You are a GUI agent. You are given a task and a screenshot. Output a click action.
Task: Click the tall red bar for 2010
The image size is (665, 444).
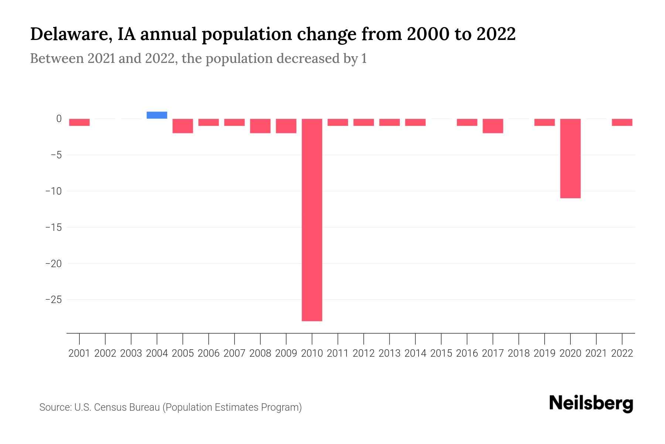[312, 220]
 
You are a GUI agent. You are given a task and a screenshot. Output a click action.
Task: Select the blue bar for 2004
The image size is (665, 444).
[157, 115]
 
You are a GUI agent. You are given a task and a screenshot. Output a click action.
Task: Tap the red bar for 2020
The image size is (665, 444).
[570, 158]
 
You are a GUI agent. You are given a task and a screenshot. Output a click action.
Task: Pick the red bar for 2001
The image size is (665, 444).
[79, 122]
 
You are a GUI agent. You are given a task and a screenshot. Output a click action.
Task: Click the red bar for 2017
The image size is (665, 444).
[493, 126]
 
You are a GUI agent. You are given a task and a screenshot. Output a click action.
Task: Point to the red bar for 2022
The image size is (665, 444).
[622, 122]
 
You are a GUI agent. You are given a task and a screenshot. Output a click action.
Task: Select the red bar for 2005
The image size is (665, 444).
[183, 126]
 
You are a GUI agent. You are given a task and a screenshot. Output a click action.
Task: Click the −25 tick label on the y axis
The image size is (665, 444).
[53, 299]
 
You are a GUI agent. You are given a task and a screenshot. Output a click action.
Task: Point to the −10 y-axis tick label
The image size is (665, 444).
[53, 191]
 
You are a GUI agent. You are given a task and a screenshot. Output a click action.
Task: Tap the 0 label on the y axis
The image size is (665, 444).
[59, 119]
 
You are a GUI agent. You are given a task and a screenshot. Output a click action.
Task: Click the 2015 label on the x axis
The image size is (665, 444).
[441, 353]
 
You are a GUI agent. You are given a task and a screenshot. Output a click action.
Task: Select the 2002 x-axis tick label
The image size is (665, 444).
[105, 353]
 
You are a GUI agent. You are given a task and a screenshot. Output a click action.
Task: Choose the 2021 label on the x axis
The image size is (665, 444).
[596, 353]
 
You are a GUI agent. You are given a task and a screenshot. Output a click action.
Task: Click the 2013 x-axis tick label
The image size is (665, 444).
[389, 353]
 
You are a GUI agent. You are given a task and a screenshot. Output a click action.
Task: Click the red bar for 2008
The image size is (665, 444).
[260, 126]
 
